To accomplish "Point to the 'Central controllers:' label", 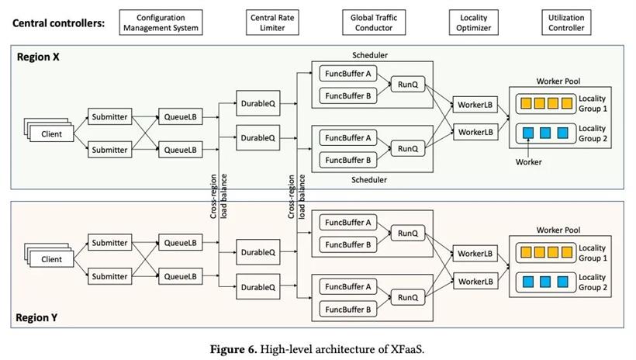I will click(58, 23).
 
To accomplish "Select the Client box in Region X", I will click(51, 133).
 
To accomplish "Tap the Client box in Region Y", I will click(51, 259).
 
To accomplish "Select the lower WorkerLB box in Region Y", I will click(476, 280).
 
